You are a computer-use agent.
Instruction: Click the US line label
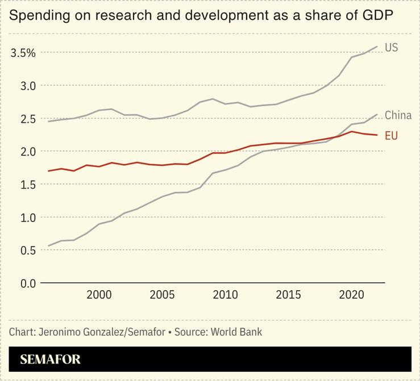pyautogui.click(x=391, y=48)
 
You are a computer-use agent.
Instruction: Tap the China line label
pyautogui.click(x=398, y=115)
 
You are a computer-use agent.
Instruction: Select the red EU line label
pyautogui.click(x=391, y=136)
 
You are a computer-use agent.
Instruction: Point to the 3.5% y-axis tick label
pyautogui.click(x=23, y=53)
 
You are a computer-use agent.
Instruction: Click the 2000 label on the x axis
pyautogui.click(x=99, y=295)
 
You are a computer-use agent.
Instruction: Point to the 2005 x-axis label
pyautogui.click(x=162, y=295)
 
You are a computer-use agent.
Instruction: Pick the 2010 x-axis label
pyautogui.click(x=225, y=295)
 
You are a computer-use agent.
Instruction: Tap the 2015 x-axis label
pyautogui.click(x=288, y=295)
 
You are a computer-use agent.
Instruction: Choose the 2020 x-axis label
pyautogui.click(x=351, y=295)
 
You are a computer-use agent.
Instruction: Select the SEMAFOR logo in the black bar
pyautogui.click(x=50, y=359)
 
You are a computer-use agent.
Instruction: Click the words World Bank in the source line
pyautogui.click(x=236, y=332)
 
